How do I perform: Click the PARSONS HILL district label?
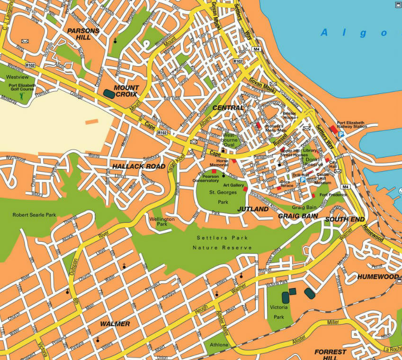click(83, 34)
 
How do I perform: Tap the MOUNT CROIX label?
click(126, 91)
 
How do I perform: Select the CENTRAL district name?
click(228, 108)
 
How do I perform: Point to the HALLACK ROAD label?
click(139, 167)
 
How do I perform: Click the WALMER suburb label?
click(115, 324)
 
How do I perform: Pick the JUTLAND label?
click(252, 209)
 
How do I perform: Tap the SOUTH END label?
click(345, 219)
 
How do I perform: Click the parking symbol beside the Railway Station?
click(341, 134)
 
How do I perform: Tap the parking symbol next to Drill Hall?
click(303, 180)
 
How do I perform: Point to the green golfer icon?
click(21, 96)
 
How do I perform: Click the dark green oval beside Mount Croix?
click(108, 94)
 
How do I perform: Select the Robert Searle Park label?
click(34, 215)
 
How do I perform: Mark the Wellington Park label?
click(162, 222)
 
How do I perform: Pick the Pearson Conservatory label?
click(205, 178)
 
